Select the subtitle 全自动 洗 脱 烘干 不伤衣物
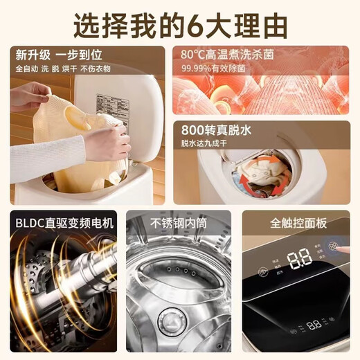55,69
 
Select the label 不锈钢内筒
179,223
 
